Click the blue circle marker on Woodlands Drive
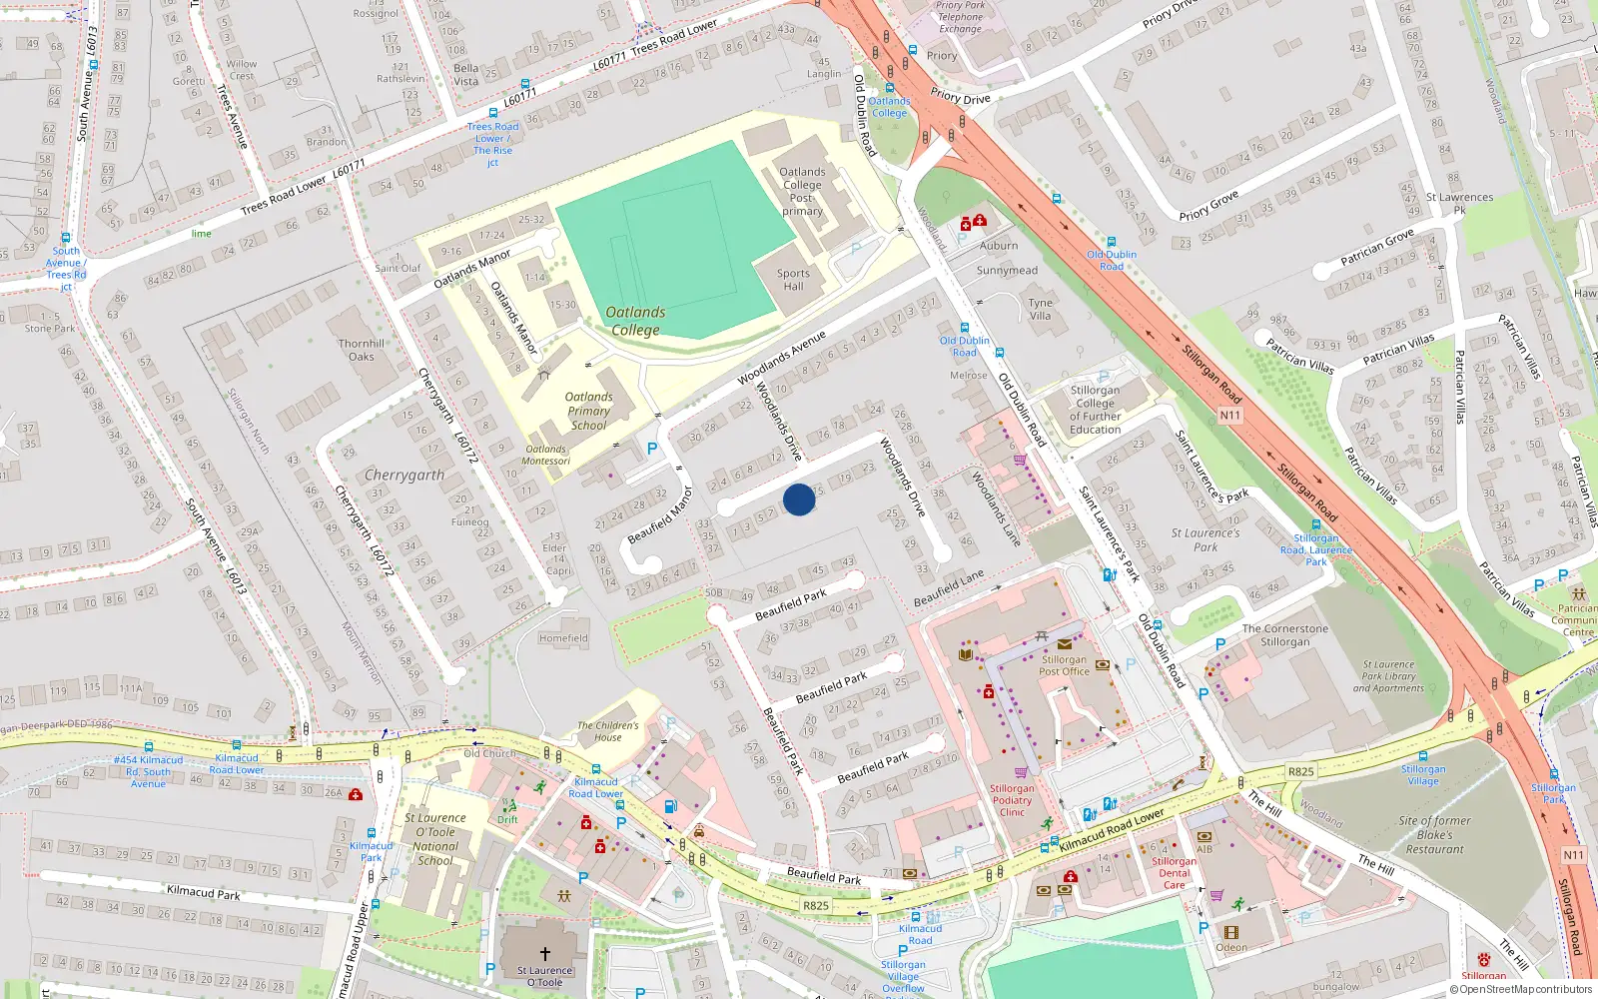tap(799, 499)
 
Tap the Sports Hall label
tap(794, 280)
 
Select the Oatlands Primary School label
tap(588, 411)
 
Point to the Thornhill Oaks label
tap(361, 350)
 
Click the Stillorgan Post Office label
tap(1064, 665)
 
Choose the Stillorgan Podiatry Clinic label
tap(1012, 800)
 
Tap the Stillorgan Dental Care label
tap(1174, 872)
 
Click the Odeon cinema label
tap(1231, 947)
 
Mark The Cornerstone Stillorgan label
tap(1285, 635)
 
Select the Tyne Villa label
tap(1041, 309)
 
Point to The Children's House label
tap(607, 731)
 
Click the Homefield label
tap(563, 638)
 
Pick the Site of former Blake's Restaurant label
tap(1434, 835)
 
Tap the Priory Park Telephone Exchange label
tap(960, 17)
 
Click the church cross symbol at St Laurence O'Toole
tap(545, 954)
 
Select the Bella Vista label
tap(466, 75)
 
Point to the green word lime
tap(202, 234)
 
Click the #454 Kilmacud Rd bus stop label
tap(148, 771)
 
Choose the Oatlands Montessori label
tap(546, 455)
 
